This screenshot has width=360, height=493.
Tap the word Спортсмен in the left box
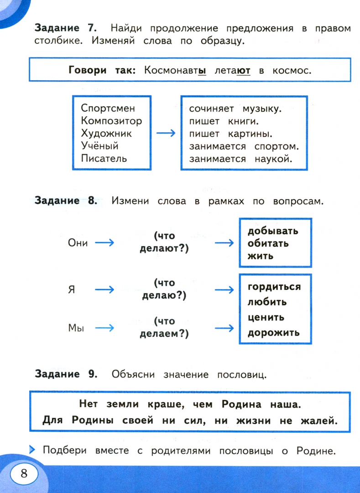108,109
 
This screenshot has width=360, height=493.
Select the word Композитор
111,121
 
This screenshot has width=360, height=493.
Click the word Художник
106,134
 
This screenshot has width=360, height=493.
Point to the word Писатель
104,159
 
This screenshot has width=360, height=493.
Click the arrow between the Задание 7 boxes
166,133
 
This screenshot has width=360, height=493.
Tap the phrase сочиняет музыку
235,109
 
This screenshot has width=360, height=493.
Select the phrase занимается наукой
240,159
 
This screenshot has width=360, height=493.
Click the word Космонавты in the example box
175,71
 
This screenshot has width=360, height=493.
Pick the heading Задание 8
66,201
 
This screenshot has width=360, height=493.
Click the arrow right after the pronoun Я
104,289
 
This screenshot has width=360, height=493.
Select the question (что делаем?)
164,328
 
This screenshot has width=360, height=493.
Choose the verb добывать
273,231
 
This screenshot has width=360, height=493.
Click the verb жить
261,256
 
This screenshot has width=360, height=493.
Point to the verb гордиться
274,287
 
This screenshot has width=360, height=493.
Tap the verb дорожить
274,332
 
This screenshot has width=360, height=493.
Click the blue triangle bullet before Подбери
32,450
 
